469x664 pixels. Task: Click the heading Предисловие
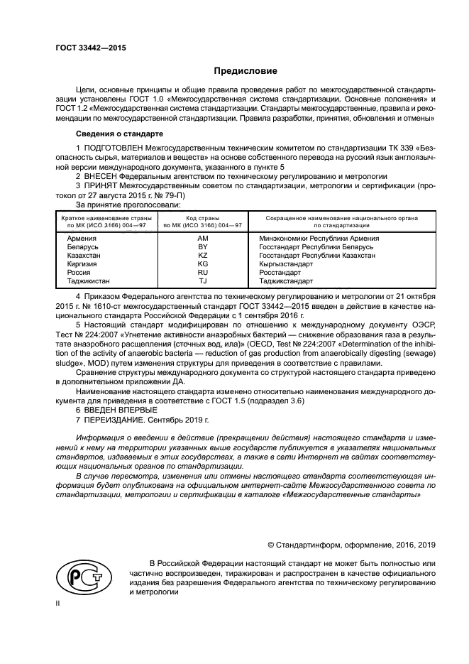point(246,71)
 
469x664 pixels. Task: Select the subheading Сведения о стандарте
point(119,134)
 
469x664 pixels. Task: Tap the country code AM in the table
point(202,239)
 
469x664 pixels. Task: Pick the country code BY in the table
point(202,247)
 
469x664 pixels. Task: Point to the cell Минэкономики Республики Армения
point(319,239)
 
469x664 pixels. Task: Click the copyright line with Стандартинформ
point(351,545)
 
